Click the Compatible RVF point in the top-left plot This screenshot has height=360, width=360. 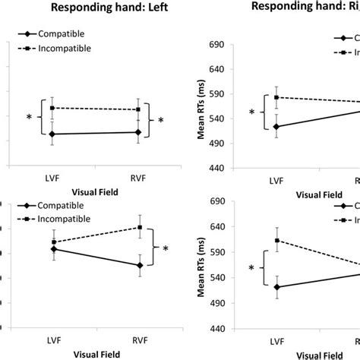(137, 132)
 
